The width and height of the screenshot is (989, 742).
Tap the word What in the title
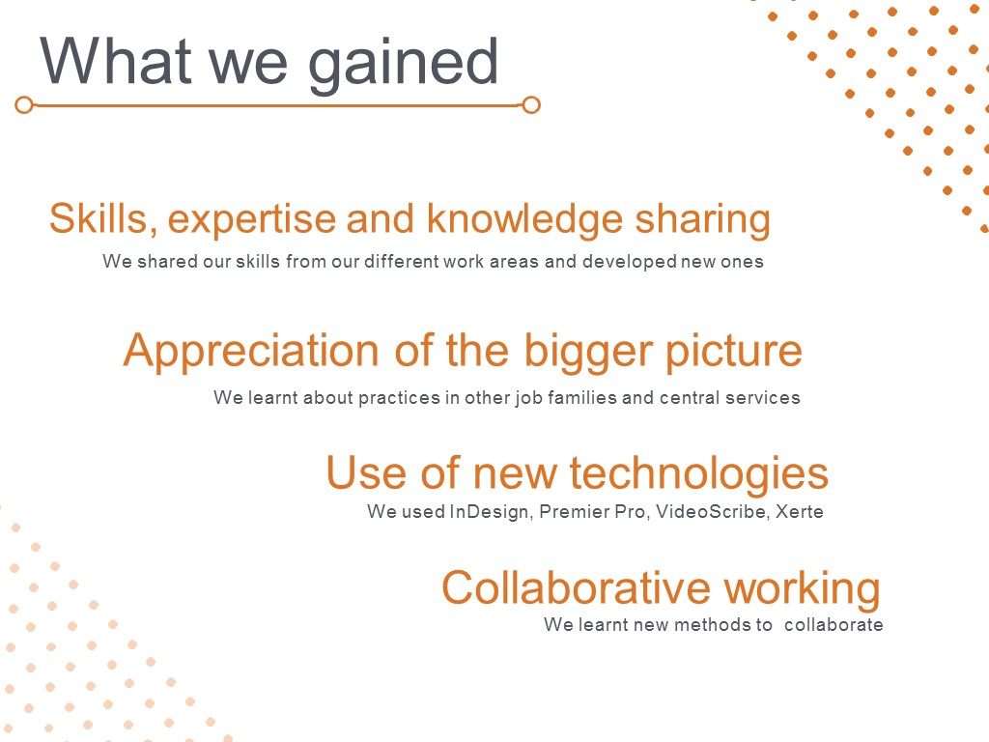click(116, 60)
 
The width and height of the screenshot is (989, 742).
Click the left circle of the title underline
click(24, 104)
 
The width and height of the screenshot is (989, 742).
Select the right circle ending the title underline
click(532, 104)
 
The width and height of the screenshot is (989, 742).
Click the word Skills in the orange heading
click(102, 218)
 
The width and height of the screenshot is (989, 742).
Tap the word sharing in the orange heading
click(703, 219)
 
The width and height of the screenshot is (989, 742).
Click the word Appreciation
click(251, 352)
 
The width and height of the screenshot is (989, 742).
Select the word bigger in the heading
click(588, 352)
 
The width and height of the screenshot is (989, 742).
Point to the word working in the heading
click(802, 589)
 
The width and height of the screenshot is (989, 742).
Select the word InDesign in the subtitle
click(490, 512)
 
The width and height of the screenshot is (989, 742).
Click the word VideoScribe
click(712, 511)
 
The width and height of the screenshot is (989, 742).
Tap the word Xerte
click(799, 511)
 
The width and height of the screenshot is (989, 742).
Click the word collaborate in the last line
click(834, 625)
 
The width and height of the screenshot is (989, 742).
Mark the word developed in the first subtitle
click(630, 262)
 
